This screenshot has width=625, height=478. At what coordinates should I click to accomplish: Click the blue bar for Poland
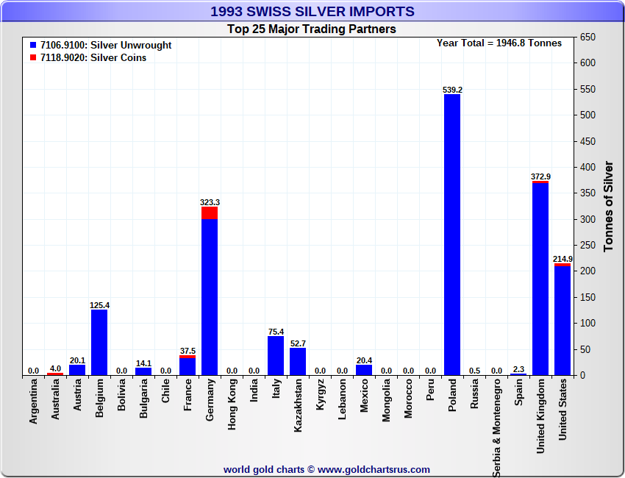pyautogui.click(x=452, y=235)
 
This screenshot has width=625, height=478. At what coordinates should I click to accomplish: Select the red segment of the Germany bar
pyautogui.click(x=210, y=213)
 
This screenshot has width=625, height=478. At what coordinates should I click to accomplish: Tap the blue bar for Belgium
pyautogui.click(x=99, y=343)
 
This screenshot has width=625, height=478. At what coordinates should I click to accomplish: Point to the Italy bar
pyautogui.click(x=276, y=356)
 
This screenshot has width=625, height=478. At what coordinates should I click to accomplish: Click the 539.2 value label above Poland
pyautogui.click(x=452, y=90)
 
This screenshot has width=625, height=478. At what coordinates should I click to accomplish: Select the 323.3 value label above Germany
pyautogui.click(x=210, y=202)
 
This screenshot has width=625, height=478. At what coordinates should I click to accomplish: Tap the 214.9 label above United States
pyautogui.click(x=562, y=259)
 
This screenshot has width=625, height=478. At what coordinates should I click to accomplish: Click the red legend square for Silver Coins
pyautogui.click(x=33, y=58)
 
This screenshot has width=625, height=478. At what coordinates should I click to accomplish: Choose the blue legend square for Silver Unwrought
pyautogui.click(x=33, y=46)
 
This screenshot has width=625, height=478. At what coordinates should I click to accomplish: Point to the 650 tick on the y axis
pyautogui.click(x=587, y=38)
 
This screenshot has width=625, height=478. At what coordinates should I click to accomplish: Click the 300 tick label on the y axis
pyautogui.click(x=587, y=219)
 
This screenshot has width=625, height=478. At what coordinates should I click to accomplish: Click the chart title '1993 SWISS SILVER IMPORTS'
pyautogui.click(x=312, y=12)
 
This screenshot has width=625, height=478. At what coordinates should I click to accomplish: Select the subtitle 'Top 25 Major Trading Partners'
pyautogui.click(x=312, y=29)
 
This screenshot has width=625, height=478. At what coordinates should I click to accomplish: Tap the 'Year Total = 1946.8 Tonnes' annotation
pyautogui.click(x=499, y=43)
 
